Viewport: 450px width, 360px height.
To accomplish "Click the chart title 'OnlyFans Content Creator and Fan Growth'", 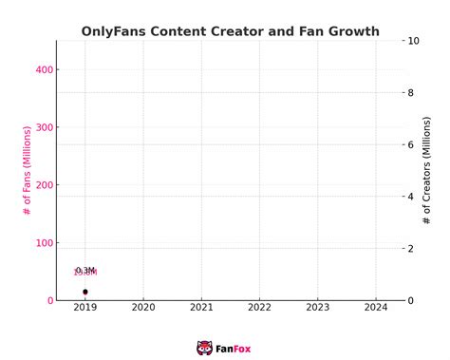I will coord(231,31).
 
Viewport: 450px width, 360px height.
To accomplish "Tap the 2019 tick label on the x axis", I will coord(85,308).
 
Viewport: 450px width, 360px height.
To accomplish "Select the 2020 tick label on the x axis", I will coord(143,308).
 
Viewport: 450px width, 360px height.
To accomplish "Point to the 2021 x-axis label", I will coord(201,308).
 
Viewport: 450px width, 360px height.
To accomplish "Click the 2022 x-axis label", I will coord(260,308).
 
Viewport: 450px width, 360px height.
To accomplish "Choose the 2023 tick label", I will coord(318,308).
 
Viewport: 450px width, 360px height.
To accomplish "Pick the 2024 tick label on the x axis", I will coord(376,308).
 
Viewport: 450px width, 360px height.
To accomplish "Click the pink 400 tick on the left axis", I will coord(44,70).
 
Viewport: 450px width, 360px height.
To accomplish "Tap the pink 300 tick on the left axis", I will coord(44,127).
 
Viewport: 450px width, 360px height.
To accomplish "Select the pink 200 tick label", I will coord(44,185).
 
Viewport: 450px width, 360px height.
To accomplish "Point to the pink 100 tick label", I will coord(44,243).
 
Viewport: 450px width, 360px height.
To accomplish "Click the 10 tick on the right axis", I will coord(411,41).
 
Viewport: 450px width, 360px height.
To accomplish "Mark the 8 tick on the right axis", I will coord(408,93).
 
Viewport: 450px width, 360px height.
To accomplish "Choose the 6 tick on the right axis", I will coord(408,144).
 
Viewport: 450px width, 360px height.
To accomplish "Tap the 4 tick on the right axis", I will coord(408,197).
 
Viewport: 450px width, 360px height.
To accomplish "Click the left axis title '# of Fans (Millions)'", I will coord(27,170).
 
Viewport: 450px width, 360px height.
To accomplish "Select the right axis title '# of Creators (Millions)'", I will coord(427,170).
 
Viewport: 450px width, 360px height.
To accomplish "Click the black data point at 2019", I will coord(85,292).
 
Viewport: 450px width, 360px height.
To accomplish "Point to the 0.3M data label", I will coord(85,271).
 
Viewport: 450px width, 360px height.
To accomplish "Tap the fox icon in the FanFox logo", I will coord(204,348).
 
